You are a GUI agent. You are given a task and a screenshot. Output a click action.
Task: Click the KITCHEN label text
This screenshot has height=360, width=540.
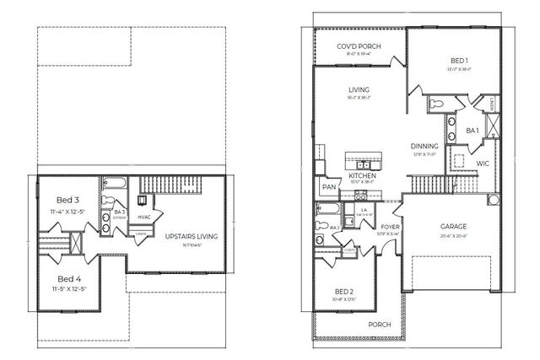[x=362, y=175]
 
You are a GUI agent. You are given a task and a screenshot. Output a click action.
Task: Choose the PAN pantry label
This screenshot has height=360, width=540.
[x=327, y=187]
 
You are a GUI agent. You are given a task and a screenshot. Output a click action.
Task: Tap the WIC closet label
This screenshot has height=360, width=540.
[x=483, y=162]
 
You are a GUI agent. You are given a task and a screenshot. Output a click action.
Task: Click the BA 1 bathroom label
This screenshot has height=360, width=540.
[x=473, y=131]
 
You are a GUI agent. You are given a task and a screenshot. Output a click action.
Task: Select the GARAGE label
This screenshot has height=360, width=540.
[x=454, y=227]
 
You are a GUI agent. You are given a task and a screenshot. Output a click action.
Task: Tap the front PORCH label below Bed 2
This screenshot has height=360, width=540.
[x=378, y=325]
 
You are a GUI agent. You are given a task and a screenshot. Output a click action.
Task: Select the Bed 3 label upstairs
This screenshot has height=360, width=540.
[x=65, y=199]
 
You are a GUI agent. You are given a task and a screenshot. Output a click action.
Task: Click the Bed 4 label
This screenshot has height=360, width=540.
[x=65, y=278]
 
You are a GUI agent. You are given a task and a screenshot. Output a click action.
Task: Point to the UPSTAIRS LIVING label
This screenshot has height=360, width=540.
[x=191, y=236]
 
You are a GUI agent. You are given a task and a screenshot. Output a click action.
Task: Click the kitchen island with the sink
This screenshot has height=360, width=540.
[x=362, y=159]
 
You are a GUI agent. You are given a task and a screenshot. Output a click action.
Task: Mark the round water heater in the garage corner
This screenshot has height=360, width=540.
[x=495, y=201]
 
